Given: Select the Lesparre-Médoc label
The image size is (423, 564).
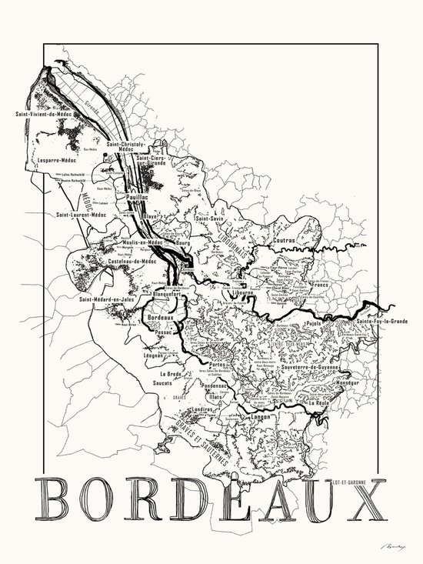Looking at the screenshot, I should click(56, 160).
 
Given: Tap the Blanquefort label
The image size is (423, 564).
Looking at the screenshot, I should click(167, 294).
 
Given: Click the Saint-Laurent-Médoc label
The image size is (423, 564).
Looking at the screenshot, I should click(80, 215).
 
